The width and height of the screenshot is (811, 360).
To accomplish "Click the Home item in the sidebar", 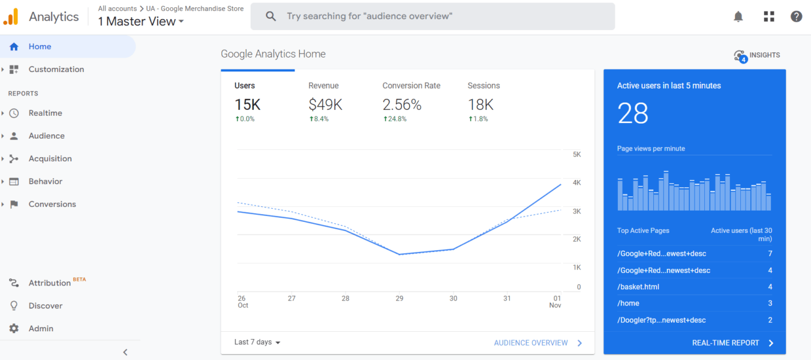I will click(x=40, y=47).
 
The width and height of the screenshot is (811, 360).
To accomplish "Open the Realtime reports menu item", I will click(x=45, y=113).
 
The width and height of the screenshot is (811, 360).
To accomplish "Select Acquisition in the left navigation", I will click(x=50, y=159).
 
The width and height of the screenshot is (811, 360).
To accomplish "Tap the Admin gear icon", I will click(x=14, y=329).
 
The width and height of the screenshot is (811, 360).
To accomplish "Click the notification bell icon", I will click(x=738, y=17).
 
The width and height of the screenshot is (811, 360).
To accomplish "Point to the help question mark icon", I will click(x=796, y=17).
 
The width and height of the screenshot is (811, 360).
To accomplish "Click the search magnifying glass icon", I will click(x=271, y=16).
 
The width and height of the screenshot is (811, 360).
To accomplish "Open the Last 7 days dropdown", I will click(x=257, y=343).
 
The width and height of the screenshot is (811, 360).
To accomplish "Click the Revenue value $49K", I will click(x=325, y=105).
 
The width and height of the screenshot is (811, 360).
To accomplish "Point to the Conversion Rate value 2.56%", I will click(x=402, y=105).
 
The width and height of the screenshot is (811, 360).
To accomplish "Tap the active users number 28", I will click(x=633, y=113).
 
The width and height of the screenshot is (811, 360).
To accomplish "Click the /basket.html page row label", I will click(x=638, y=287).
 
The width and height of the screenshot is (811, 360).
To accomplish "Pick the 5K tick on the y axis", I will click(x=576, y=155).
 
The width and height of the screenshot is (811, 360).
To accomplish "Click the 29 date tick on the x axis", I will click(x=399, y=298).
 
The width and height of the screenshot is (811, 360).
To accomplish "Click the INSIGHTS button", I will click(x=757, y=56).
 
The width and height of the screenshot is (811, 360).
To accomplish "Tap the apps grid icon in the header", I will click(x=769, y=17).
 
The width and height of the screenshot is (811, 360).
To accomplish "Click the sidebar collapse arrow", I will click(x=125, y=352).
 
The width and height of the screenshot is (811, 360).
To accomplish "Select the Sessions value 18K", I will click(x=480, y=105).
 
